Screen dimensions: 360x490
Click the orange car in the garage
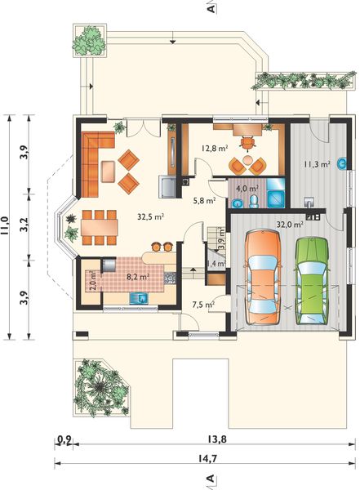[263, 277]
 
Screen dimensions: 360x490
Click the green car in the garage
[312, 282]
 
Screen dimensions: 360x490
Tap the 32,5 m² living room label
[151, 216]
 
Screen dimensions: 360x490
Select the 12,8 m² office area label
[215, 148]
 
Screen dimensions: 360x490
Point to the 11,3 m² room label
[317, 164]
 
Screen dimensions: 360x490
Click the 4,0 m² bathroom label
[247, 189]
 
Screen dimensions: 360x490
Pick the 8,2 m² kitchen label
[138, 277]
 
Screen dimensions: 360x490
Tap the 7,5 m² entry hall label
[203, 305]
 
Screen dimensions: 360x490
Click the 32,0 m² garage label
[291, 224]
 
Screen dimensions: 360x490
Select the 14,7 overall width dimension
[207, 458]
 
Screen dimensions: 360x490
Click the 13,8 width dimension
[216, 439]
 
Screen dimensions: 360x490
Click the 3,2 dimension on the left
[24, 225]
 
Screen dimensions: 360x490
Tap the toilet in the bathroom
[254, 202]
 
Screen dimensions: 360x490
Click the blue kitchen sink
[139, 298]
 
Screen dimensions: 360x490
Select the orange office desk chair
[248, 142]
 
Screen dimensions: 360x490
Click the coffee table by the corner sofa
[108, 171]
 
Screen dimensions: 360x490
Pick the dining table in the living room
[100, 227]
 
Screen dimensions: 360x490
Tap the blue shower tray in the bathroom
[276, 198]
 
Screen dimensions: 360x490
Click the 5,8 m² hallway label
[204, 200]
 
